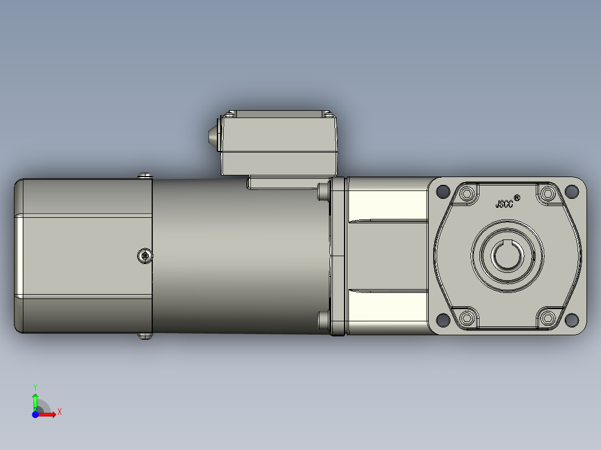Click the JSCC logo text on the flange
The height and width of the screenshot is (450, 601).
[504, 203]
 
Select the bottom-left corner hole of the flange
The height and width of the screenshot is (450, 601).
[443, 320]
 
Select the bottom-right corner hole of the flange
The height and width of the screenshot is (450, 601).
[571, 320]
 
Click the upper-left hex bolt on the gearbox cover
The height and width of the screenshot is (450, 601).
[467, 194]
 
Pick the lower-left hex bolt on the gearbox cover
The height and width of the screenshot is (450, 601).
[467, 317]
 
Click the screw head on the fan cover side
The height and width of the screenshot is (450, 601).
[145, 256]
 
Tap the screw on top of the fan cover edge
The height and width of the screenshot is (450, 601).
[144, 176]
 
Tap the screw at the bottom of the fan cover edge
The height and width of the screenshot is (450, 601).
[144, 336]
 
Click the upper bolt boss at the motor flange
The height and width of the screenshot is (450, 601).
[323, 191]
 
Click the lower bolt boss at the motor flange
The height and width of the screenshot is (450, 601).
[323, 321]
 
